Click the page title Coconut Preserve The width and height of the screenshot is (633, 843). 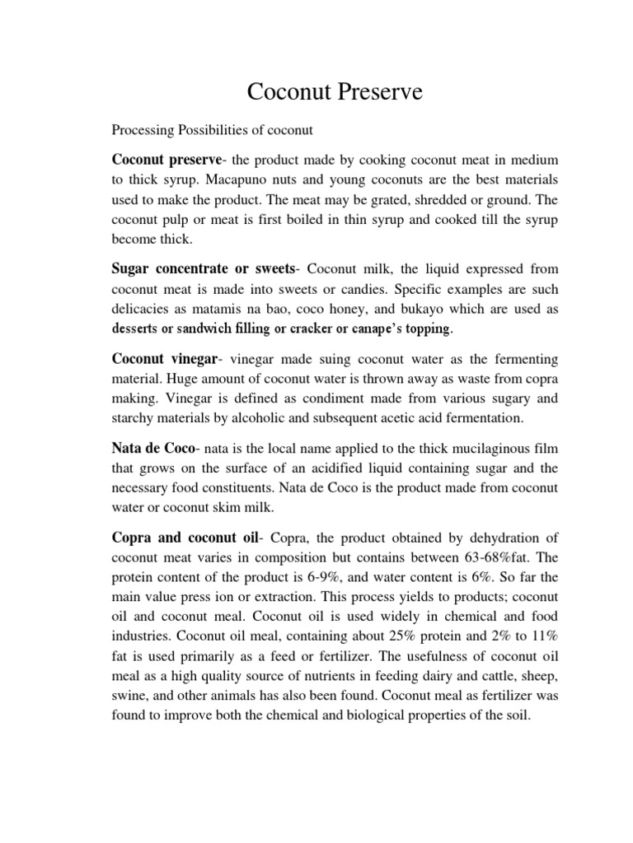335,92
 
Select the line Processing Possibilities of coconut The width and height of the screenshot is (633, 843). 212,130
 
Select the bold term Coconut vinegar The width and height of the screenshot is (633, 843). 164,360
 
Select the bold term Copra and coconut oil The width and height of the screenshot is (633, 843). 185,538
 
